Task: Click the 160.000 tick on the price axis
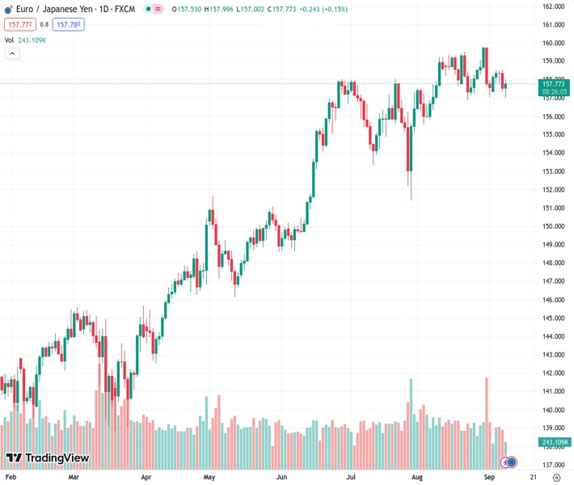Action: pyautogui.click(x=553, y=43)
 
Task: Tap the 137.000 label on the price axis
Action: pyautogui.click(x=553, y=465)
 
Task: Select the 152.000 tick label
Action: pyautogui.click(x=553, y=190)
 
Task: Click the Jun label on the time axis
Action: pyautogui.click(x=281, y=478)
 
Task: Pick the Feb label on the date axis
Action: pyautogui.click(x=11, y=478)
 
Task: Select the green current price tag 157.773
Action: pyautogui.click(x=554, y=83)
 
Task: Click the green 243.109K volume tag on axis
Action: pyautogui.click(x=554, y=442)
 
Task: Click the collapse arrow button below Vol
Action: pyautogui.click(x=12, y=53)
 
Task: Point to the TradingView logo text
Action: pyautogui.click(x=57, y=458)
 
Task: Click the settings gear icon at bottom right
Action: pyautogui.click(x=555, y=478)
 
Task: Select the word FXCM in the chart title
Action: pyautogui.click(x=124, y=9)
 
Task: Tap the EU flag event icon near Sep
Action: pyautogui.click(x=510, y=462)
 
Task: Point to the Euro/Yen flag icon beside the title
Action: pyautogui.click(x=8, y=9)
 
